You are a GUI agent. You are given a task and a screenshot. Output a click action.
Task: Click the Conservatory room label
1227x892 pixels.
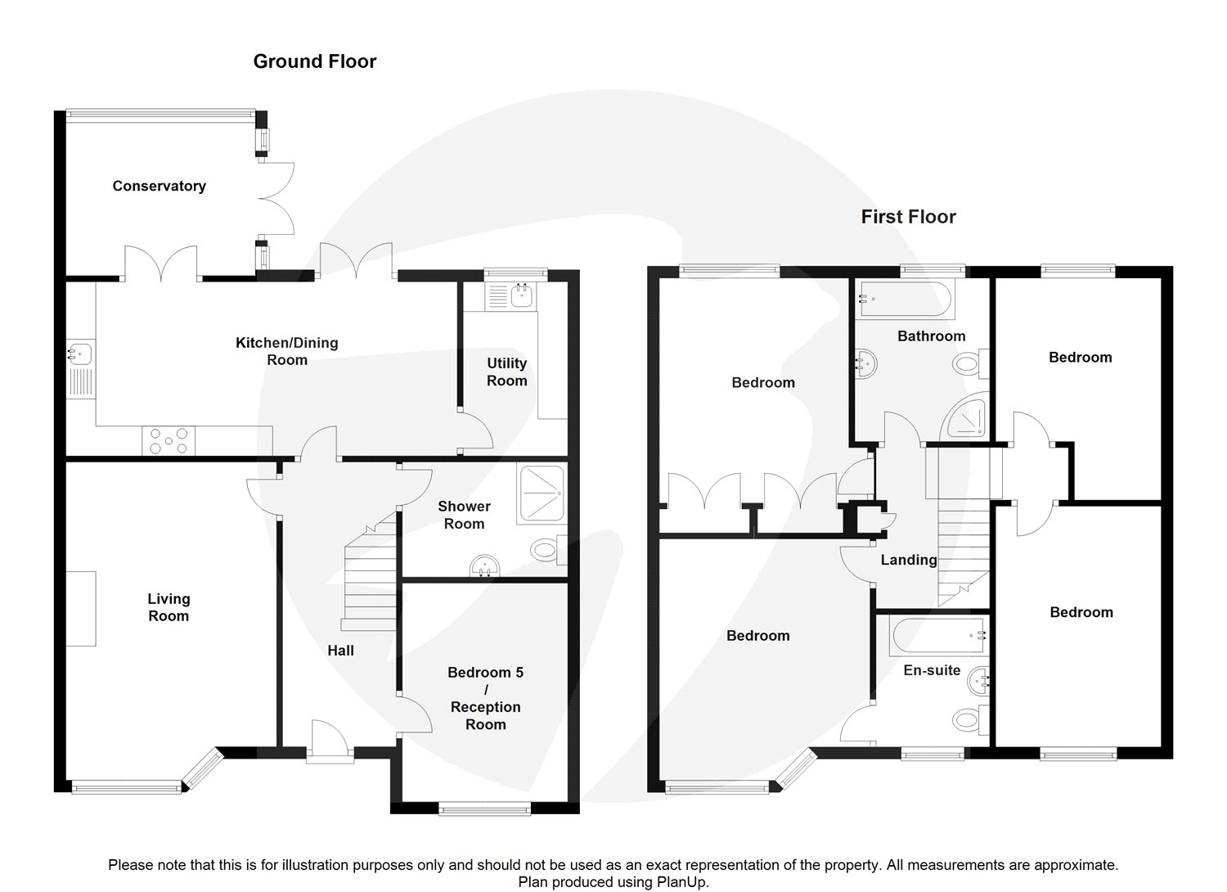[x=159, y=187]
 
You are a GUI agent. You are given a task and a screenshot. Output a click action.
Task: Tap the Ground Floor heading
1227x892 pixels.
[x=314, y=61]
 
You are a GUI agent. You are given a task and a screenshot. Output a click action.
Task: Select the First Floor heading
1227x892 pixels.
[x=908, y=217]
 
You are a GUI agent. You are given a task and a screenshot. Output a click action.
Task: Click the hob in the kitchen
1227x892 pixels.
[x=169, y=440]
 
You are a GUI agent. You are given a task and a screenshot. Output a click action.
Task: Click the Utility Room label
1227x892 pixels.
[x=506, y=372]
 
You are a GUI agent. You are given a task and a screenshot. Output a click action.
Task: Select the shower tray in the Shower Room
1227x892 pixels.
[x=541, y=493]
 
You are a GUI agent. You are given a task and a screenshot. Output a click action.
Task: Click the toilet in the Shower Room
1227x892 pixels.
[x=548, y=550]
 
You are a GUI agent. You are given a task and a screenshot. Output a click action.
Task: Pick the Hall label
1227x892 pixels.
[x=341, y=651]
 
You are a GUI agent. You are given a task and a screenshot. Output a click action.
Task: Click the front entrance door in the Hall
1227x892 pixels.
[x=330, y=741]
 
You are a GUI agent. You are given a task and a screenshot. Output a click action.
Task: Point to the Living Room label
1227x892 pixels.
[x=169, y=607]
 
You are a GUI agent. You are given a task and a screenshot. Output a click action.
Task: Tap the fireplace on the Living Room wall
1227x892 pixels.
[x=81, y=608]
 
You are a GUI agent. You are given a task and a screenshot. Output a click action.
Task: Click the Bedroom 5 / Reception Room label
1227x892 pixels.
[x=485, y=698]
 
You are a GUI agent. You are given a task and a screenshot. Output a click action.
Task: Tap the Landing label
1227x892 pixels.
[x=909, y=560]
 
